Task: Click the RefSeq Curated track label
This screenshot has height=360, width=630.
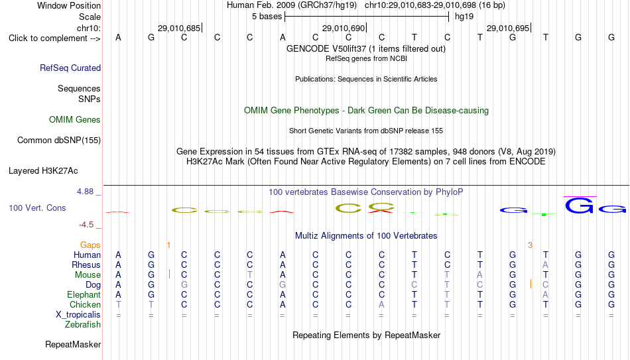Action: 70,68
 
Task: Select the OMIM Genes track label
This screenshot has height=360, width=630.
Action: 75,120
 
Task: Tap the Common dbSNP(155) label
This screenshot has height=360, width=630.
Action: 59,141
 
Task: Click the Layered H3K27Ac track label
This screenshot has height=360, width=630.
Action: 43,171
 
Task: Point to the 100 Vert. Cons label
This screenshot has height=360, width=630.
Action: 37,208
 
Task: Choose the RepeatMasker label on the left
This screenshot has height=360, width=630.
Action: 73,344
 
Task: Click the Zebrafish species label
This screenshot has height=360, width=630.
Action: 83,324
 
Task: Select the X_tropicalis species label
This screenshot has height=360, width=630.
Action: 78,315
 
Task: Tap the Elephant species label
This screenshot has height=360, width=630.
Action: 84,294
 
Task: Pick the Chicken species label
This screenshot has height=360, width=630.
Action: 85,304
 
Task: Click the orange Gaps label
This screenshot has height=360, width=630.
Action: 90,245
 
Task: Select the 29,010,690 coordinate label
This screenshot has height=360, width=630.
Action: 344,28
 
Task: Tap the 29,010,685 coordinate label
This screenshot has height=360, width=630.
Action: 179,28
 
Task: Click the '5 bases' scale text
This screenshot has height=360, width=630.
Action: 267,17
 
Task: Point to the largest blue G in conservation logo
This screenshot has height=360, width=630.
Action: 579,206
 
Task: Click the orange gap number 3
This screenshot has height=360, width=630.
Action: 530,245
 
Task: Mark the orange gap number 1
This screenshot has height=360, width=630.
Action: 168,245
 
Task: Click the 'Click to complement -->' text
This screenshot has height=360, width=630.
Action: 54,38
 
